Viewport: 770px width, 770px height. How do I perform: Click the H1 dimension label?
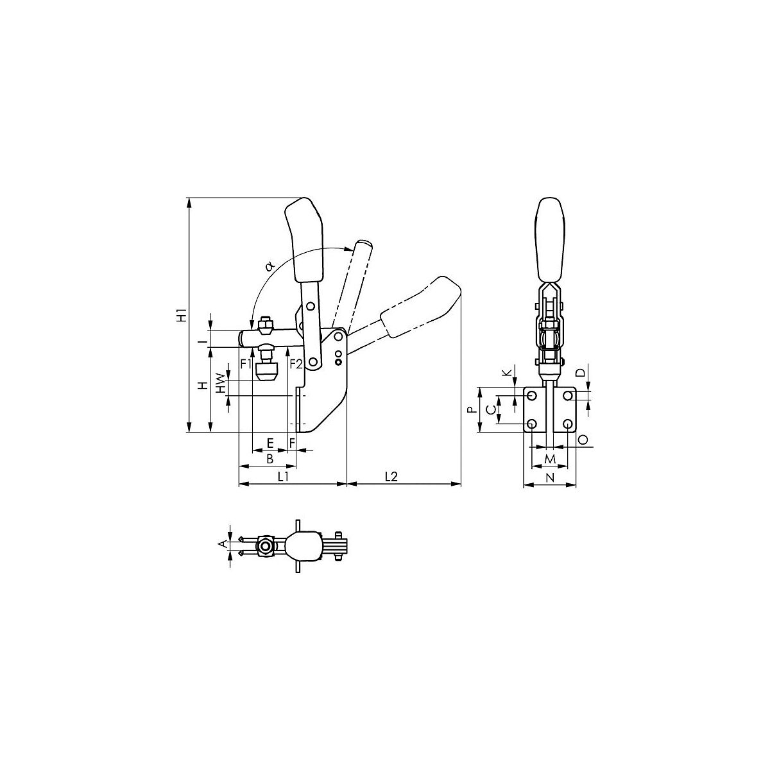[x=182, y=315]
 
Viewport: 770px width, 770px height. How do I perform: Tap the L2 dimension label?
[x=391, y=476]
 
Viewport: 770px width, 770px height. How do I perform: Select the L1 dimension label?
[x=284, y=476]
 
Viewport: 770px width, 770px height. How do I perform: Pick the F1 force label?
[x=246, y=364]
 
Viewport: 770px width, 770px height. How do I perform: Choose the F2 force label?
[x=296, y=364]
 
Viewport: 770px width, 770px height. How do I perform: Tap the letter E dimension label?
[x=270, y=443]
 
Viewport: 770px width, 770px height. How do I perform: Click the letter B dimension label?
[x=270, y=459]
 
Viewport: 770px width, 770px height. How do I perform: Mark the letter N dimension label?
[x=550, y=477]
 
